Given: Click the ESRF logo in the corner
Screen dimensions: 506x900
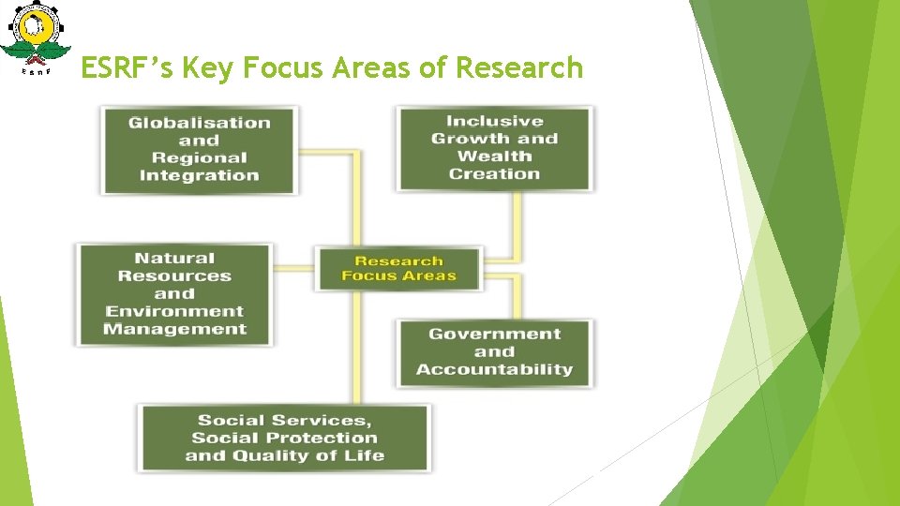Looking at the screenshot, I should [36, 39].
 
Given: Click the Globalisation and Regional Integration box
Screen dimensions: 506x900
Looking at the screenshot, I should [199, 149].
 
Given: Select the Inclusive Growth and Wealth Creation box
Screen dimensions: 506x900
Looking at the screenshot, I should [494, 148].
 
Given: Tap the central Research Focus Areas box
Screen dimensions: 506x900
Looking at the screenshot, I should [398, 268].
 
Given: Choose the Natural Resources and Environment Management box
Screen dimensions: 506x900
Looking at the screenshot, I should [174, 294].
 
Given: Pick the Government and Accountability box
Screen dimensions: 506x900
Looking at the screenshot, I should [494, 351].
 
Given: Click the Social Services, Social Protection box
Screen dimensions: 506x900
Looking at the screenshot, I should [284, 438].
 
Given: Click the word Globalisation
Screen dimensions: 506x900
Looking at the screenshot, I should [199, 123].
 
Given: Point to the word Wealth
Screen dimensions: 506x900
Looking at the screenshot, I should [494, 156].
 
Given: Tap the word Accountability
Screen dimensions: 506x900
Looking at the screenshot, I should [494, 369].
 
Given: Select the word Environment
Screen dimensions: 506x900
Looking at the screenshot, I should [174, 311].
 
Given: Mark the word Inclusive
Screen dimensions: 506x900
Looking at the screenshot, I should [494, 121].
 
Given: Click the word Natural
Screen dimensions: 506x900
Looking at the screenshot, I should [174, 258].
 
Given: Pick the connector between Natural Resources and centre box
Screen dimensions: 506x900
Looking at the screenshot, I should [293, 268].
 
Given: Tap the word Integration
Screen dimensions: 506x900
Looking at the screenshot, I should [199, 175].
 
